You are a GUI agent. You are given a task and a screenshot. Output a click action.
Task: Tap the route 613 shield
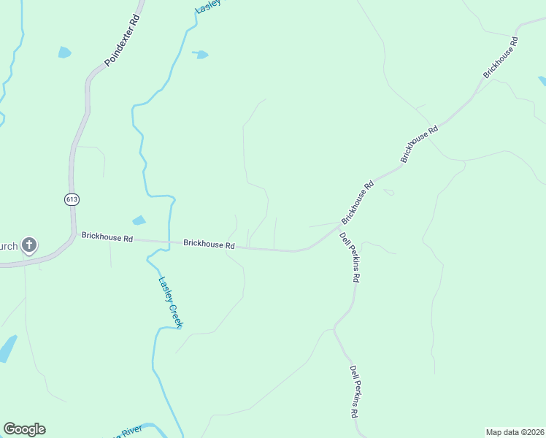[x=71, y=199]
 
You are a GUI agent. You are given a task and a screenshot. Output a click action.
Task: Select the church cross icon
[x=29, y=245]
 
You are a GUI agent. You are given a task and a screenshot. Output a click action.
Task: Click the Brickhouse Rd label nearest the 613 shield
[x=107, y=237]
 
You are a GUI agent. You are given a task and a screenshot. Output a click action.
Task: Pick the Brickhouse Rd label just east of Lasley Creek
[x=209, y=245]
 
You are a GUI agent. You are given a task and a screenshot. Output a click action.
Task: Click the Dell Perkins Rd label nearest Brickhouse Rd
[x=350, y=257]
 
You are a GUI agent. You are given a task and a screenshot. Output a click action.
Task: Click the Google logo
[x=24, y=429]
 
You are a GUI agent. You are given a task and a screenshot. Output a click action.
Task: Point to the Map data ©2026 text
[x=515, y=431]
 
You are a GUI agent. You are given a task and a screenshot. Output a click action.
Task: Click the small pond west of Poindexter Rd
[x=64, y=53]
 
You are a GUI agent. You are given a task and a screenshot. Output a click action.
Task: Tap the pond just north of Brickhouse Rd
[x=138, y=220]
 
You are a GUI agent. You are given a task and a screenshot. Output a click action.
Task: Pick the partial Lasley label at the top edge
[x=207, y=7]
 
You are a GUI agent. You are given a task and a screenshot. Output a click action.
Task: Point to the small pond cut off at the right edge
[x=542, y=80]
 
